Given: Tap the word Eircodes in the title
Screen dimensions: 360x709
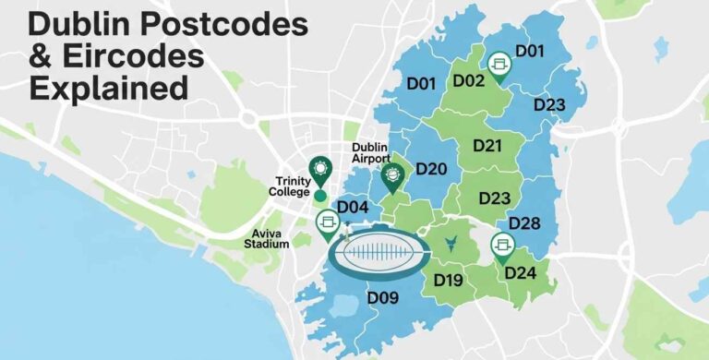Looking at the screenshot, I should tap(128, 56).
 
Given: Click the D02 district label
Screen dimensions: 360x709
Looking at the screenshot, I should tap(469, 80).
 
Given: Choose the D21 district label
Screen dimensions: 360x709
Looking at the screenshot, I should tap(487, 145).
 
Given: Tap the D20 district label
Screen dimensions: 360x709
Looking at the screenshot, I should tap(431, 169).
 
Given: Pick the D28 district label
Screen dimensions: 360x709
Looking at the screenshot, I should tap(524, 223).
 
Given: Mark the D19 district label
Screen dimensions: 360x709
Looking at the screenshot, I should tap(448, 280).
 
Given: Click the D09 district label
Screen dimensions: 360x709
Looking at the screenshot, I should tap(381, 297).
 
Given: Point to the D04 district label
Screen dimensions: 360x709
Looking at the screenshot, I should tap(353, 208).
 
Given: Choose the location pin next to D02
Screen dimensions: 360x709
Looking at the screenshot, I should tap(500, 65).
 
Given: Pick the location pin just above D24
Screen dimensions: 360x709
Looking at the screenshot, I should tap(502, 246).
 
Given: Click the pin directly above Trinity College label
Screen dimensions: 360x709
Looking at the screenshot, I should tap(320, 169).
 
